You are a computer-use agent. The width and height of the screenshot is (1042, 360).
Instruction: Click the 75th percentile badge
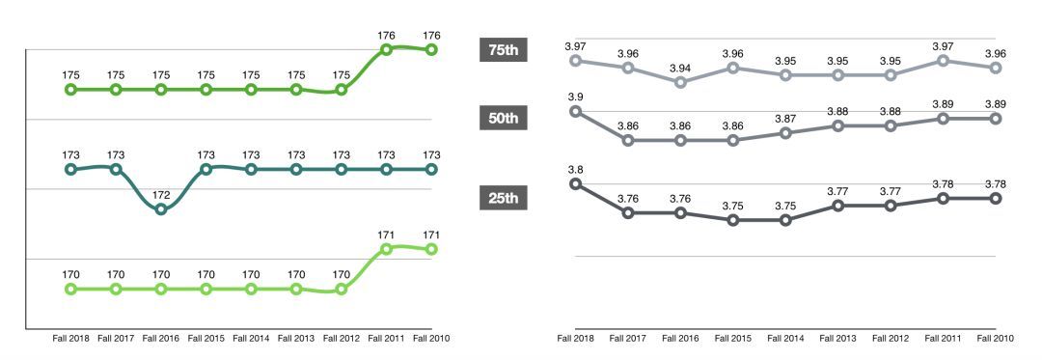tap(503, 51)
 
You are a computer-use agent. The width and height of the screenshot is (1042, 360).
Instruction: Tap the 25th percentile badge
tap(503, 199)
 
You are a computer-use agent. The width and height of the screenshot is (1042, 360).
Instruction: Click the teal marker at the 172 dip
tap(161, 209)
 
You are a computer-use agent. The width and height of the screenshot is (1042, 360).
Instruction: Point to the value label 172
tap(161, 195)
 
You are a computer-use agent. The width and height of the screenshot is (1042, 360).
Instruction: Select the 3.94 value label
tap(681, 68)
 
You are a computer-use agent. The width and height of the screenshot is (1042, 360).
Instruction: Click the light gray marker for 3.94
tap(681, 82)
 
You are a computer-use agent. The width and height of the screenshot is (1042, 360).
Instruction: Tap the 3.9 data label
tap(575, 97)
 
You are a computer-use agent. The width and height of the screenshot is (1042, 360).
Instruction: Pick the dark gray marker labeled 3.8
tap(576, 183)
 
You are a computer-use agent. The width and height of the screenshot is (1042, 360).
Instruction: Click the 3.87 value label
tap(785, 119)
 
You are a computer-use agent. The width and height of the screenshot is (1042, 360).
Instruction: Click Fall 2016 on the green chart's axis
tap(160, 339)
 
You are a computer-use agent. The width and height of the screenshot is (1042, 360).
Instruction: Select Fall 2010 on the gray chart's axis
tap(996, 339)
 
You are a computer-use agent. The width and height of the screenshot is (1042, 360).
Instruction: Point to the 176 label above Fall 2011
tap(386, 36)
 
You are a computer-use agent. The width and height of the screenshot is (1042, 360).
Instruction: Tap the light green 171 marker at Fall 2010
tap(431, 249)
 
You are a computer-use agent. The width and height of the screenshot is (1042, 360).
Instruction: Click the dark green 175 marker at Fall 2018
tap(70, 90)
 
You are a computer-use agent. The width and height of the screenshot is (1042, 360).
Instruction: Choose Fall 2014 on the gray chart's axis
tap(785, 339)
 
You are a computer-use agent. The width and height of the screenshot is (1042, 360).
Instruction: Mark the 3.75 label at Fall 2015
tap(733, 206)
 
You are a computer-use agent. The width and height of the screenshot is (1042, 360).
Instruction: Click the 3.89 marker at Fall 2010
tap(996, 118)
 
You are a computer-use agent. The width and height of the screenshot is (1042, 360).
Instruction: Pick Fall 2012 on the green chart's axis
tap(341, 339)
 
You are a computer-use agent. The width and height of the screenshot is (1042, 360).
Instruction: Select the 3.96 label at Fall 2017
tap(628, 53)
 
